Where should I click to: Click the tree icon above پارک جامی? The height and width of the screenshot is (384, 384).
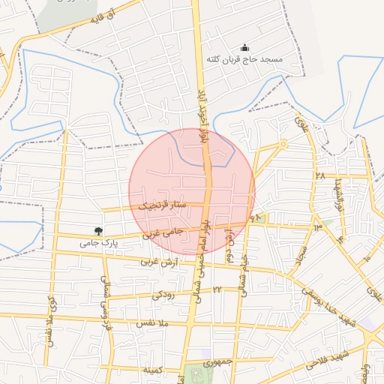pyautogui.click(x=98, y=231)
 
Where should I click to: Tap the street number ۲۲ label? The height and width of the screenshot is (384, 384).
pyautogui.click(x=217, y=289)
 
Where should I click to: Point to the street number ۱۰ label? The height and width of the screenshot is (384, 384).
pyautogui.click(x=367, y=258)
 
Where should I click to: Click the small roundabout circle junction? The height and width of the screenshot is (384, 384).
pyautogui.click(x=283, y=143)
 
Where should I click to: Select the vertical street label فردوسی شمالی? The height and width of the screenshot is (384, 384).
pyautogui.click(x=104, y=300)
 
